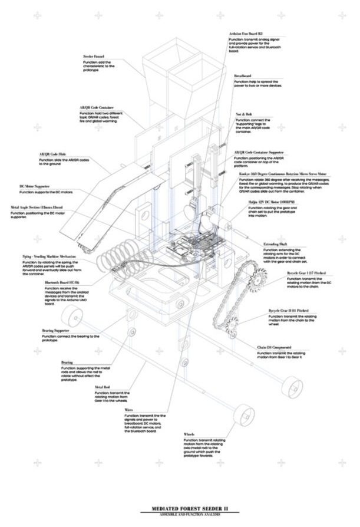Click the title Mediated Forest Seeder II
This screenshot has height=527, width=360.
(x=180, y=508)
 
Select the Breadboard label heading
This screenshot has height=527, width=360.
(x=243, y=76)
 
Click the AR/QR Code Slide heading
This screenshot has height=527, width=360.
(x=52, y=154)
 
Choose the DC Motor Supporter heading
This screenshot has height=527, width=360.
(x=37, y=186)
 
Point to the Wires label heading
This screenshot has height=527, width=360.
(x=129, y=410)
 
